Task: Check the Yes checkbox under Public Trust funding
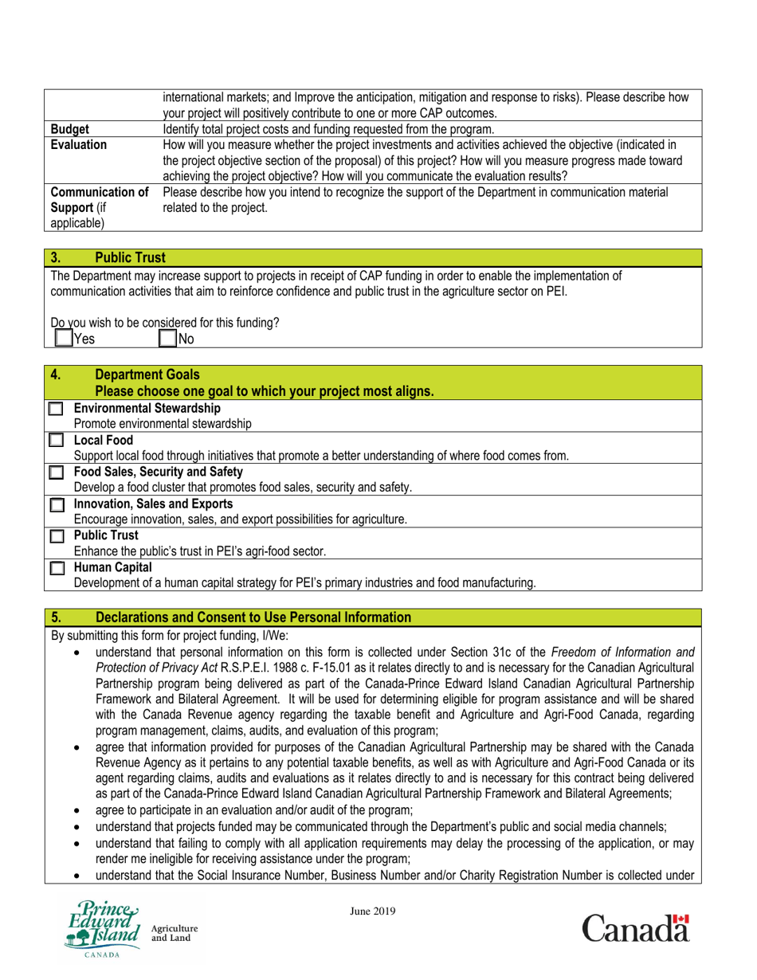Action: point(63,338)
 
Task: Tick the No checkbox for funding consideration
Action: point(167,338)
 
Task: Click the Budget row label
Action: point(69,129)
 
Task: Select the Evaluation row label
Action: point(78,144)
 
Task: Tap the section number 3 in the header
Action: point(56,257)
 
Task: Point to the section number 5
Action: point(56,617)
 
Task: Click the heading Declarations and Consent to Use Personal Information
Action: point(253,617)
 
